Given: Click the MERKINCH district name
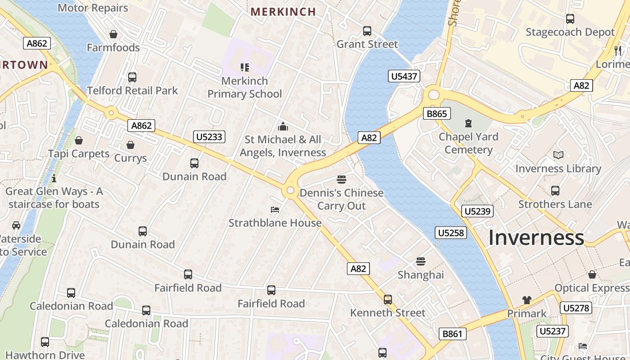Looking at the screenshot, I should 283,12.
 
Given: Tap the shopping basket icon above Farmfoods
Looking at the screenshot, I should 113,34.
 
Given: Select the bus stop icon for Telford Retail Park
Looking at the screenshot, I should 132,77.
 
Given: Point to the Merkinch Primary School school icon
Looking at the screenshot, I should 244,67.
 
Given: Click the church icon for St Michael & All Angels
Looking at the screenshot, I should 283,126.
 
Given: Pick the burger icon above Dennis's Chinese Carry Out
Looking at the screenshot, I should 342,180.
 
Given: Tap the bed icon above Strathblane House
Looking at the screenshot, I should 275,209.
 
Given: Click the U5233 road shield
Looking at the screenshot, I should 209,137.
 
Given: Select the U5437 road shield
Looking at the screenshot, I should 404,76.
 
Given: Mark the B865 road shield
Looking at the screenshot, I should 436,113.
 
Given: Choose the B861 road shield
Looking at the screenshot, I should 452,333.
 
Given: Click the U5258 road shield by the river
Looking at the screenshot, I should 451,233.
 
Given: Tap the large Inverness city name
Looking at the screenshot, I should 536,238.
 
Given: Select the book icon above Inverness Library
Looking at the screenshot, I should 558,155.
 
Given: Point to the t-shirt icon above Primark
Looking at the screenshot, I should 527,300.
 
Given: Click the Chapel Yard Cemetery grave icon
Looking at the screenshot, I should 468,123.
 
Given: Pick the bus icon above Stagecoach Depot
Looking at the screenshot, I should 570,18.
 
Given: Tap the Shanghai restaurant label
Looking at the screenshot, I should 421,274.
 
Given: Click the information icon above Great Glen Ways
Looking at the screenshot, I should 54,178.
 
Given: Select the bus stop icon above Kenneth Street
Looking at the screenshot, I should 388,299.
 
